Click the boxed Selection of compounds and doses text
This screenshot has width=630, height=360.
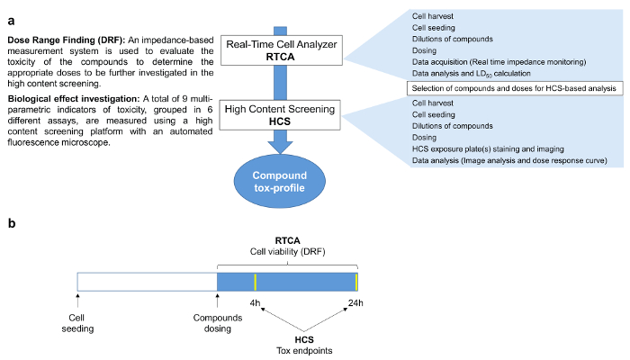pyautogui.click(x=513, y=88)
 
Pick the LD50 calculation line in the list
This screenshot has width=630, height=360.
pyautogui.click(x=472, y=73)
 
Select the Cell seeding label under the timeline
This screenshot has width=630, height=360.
pyautogui.click(x=82, y=322)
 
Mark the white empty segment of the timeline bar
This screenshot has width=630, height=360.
pyautogui.click(x=148, y=280)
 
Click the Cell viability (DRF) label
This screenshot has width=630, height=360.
pyautogui.click(x=287, y=252)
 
